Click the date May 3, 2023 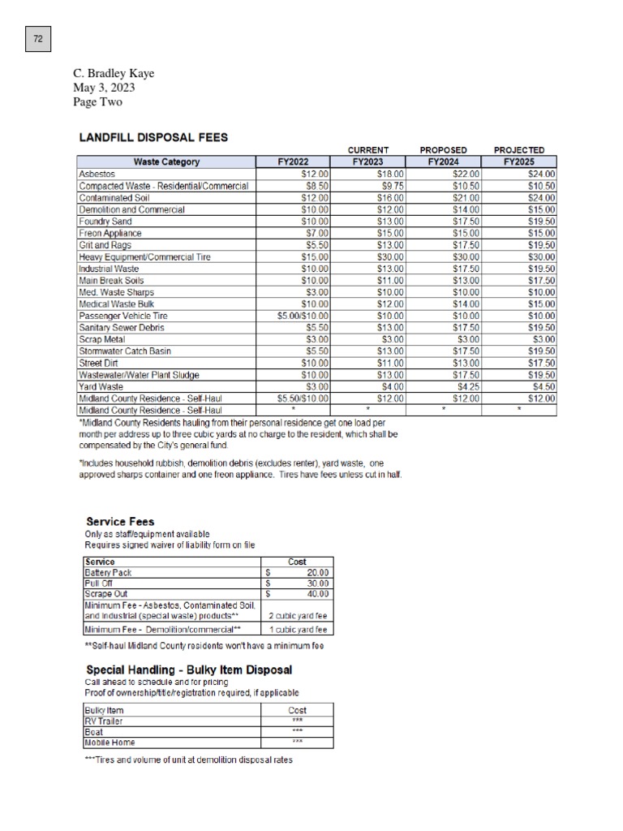coord(104,88)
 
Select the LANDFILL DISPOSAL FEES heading coord(153,137)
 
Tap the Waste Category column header coord(166,161)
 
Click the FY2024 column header coord(444,161)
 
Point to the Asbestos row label coord(97,174)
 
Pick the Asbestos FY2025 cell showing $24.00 coord(541,174)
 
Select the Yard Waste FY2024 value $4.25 coord(468,387)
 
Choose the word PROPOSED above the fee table coord(443,150)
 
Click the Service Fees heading coord(120,521)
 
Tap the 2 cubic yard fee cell coord(298,616)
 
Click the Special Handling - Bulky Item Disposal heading coord(189,670)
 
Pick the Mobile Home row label coord(110,743)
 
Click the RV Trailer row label coord(103,721)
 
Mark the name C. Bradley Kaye coord(114,74)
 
